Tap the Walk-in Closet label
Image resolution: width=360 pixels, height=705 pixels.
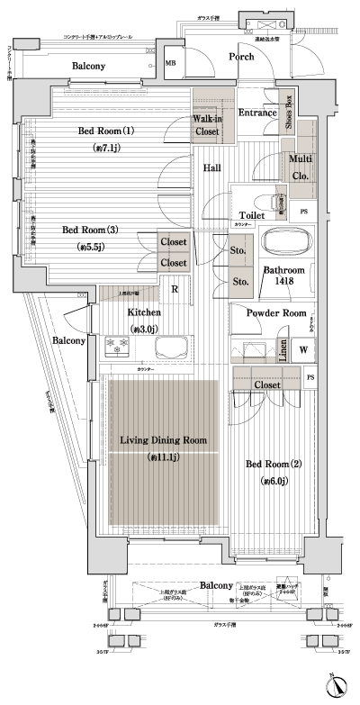[206, 125]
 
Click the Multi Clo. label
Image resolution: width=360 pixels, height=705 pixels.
[300, 167]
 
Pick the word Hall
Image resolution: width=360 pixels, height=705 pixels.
[212, 167]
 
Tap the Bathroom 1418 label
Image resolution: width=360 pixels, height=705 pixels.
[283, 276]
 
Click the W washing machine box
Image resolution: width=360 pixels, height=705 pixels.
[304, 349]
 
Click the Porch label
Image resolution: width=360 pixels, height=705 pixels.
[240, 57]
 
